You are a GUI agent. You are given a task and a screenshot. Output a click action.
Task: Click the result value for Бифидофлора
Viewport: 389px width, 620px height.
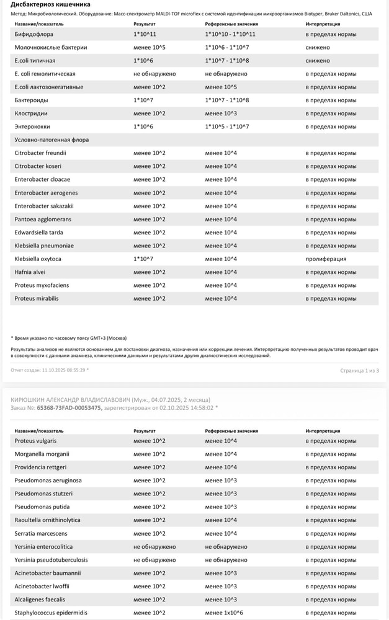coord(145,34)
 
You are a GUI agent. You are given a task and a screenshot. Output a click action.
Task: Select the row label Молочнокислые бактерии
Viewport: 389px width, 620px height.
coord(51,47)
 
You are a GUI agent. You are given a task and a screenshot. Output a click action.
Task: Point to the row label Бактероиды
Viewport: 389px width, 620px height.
coord(32,100)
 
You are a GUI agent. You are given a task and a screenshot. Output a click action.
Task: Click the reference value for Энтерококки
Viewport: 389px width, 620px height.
coord(227,126)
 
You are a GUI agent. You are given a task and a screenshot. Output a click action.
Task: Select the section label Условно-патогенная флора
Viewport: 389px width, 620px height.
coord(51,140)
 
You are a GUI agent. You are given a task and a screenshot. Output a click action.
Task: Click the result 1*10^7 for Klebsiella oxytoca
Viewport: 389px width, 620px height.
coord(143,259)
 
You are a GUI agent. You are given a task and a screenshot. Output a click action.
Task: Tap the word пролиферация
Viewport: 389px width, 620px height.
coord(326,259)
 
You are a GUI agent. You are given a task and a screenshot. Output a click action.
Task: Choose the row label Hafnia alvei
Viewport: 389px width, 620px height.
coord(30,272)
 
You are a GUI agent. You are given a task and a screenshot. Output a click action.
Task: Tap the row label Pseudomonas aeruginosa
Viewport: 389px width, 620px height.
coord(48,480)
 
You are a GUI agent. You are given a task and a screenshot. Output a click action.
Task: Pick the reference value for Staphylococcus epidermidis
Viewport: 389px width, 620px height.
coord(227,613)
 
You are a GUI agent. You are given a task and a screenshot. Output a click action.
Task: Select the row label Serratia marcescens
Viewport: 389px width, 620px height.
coord(41,533)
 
